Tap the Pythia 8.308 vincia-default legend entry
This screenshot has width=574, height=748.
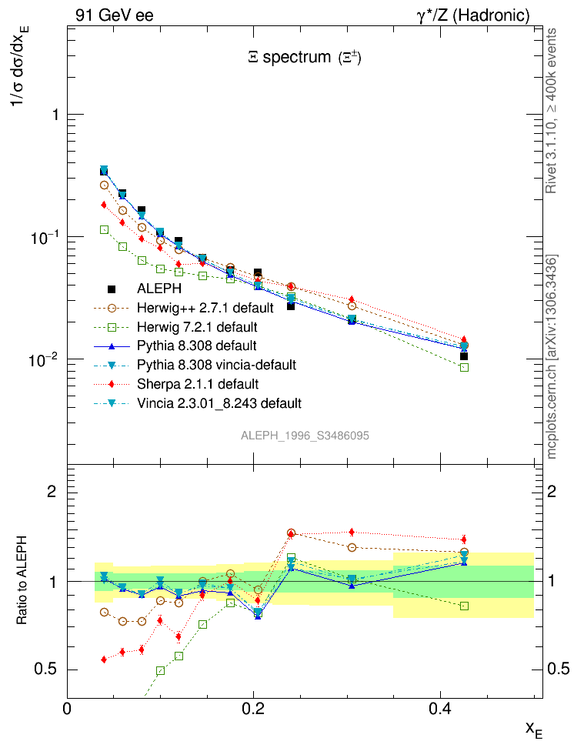click(217, 364)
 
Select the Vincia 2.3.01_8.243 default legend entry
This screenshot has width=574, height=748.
click(219, 402)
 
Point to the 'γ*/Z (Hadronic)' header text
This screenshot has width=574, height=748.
click(482, 15)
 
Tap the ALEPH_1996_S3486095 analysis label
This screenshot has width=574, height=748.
click(305, 436)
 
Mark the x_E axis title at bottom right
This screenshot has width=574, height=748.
click(533, 729)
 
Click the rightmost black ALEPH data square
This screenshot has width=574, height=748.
click(464, 356)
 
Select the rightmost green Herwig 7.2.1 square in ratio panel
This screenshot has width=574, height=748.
click(464, 606)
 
